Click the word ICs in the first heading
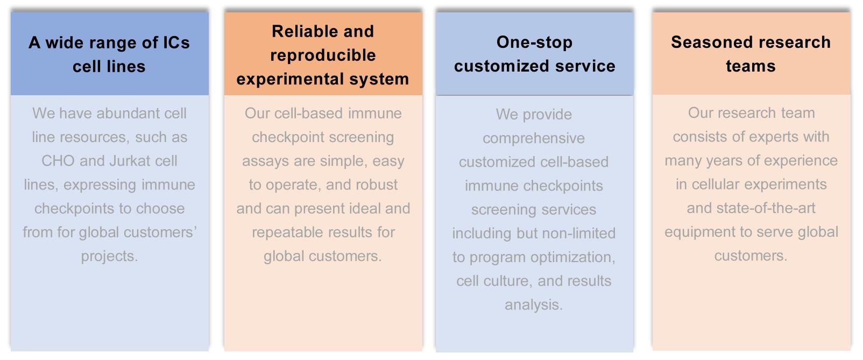176,43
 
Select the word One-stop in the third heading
534,42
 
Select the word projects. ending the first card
109,256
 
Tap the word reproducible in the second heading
323,55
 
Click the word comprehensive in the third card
533,138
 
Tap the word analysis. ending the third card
533,305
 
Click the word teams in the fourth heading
751,66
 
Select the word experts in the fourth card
766,137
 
